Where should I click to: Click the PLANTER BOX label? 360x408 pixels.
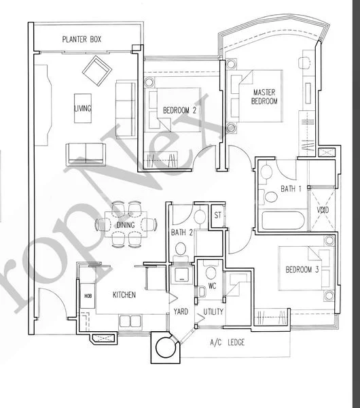pyautogui.click(x=82, y=39)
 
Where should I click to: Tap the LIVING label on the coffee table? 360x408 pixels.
pyautogui.click(x=83, y=108)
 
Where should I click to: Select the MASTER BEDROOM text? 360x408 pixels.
pyautogui.click(x=264, y=97)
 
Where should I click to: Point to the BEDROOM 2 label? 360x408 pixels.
pyautogui.click(x=179, y=110)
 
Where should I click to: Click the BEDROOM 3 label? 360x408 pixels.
pyautogui.click(x=302, y=269)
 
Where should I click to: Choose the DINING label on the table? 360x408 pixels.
pyautogui.click(x=126, y=225)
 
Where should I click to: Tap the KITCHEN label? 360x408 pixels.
pyautogui.click(x=124, y=295)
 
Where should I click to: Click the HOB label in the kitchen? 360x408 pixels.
pyautogui.click(x=88, y=296)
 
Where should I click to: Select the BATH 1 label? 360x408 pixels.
pyautogui.click(x=291, y=188)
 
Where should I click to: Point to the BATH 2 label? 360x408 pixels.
pyautogui.click(x=181, y=233)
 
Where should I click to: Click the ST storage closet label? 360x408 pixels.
pyautogui.click(x=218, y=215)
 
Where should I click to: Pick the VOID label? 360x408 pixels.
pyautogui.click(x=323, y=209)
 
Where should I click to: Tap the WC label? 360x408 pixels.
pyautogui.click(x=212, y=286)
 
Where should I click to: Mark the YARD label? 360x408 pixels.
pyautogui.click(x=181, y=311)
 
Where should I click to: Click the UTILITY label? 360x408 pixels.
pyautogui.click(x=213, y=311)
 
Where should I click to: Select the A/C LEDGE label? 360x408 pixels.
pyautogui.click(x=228, y=342)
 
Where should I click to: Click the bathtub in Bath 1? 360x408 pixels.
pyautogui.click(x=283, y=220)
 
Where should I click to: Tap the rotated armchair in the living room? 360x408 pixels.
pyautogui.click(x=97, y=71)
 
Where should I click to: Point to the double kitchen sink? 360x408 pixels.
pyautogui.click(x=130, y=322)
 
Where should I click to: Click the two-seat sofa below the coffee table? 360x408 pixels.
pyautogui.click(x=86, y=154)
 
